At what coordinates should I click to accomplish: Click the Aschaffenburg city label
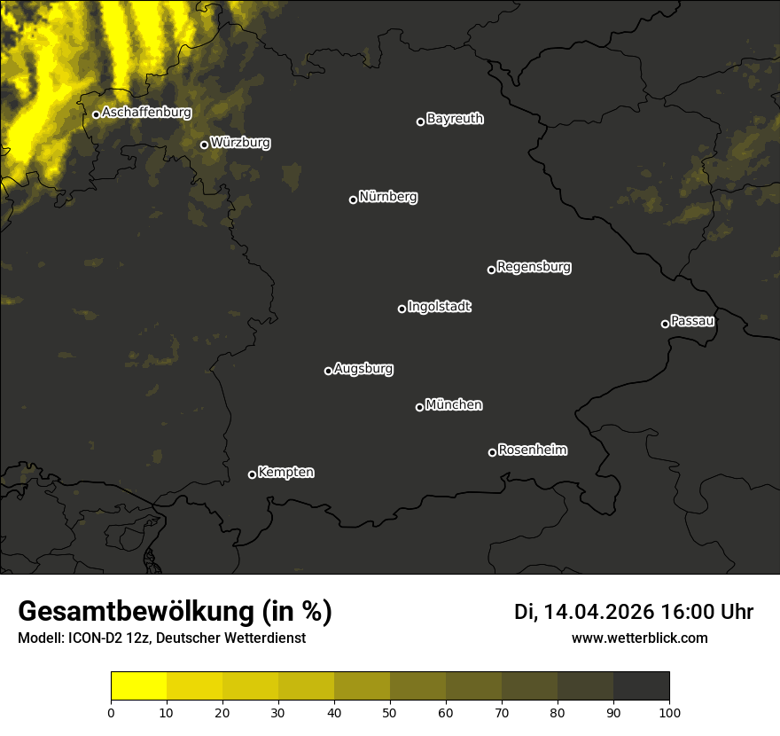[x=146, y=113]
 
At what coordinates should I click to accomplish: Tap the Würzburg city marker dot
[x=204, y=145]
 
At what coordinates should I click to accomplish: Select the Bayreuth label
[x=455, y=119]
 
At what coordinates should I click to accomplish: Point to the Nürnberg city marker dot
[x=353, y=200]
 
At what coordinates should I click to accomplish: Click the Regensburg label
[x=534, y=266]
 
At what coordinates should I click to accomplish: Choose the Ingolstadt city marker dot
[x=402, y=309]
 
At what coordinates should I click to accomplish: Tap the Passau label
[x=692, y=320]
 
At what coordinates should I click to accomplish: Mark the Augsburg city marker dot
[x=328, y=371]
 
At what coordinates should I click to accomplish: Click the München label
[x=454, y=405]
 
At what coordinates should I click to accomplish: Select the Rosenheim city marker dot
[x=492, y=453]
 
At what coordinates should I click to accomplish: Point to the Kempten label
[x=285, y=473]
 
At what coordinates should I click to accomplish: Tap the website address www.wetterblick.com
[x=639, y=638]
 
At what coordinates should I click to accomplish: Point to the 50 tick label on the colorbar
[x=390, y=711]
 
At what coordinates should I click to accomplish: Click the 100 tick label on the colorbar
[x=668, y=711]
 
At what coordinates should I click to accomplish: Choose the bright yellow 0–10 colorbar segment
[x=139, y=686]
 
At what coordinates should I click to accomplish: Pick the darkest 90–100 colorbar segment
[x=641, y=686]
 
